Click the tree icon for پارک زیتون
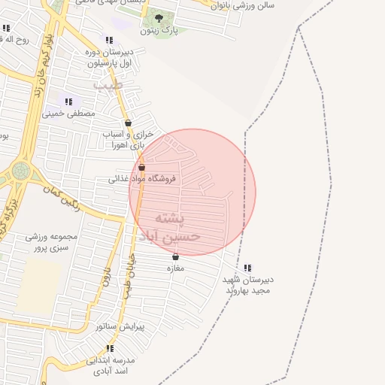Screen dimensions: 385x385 click(x=157, y=18)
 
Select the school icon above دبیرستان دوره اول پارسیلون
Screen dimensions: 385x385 click(x=110, y=40)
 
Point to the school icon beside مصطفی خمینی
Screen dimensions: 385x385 click(x=68, y=102)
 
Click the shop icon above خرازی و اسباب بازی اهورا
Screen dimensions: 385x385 click(x=128, y=123)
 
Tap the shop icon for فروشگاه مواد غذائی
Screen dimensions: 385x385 click(x=141, y=167)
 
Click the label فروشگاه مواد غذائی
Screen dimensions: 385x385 click(x=142, y=179)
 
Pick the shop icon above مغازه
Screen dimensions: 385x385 click(x=175, y=256)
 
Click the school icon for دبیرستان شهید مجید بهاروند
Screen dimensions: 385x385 click(x=247, y=268)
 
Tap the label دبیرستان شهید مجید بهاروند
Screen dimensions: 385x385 click(x=247, y=285)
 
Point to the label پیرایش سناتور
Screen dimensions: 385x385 click(x=120, y=327)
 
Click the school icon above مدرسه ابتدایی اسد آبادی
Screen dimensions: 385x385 click(x=110, y=348)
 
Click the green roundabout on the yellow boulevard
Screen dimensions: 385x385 click(x=20, y=171)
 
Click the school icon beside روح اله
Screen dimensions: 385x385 click(x=6, y=29)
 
